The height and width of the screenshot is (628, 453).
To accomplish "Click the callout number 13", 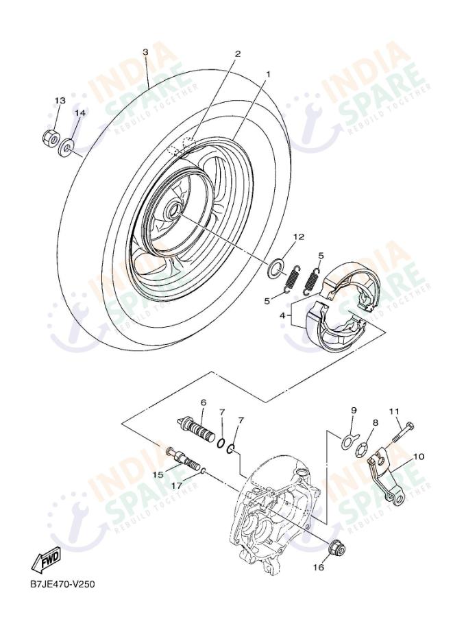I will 59,101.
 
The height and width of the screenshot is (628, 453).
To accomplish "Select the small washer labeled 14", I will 69,146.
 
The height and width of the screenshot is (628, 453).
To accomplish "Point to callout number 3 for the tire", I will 145,51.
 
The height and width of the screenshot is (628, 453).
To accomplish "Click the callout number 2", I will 238,53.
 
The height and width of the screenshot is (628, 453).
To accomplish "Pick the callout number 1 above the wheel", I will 269,73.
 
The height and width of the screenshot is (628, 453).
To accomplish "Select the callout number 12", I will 298,237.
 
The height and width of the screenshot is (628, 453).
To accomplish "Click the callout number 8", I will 375,423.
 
